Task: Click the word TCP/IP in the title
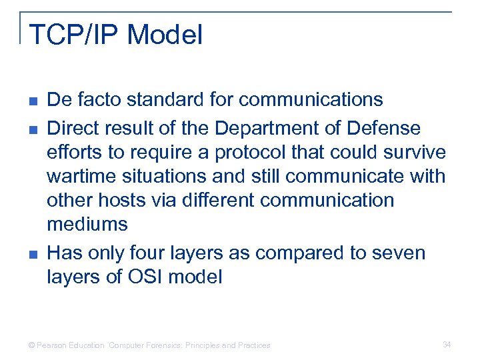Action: point(73,35)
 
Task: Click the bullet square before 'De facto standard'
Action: point(33,101)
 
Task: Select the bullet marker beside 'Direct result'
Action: point(33,128)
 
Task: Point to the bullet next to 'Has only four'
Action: point(33,254)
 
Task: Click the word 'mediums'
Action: point(87,225)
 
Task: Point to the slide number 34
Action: point(447,345)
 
